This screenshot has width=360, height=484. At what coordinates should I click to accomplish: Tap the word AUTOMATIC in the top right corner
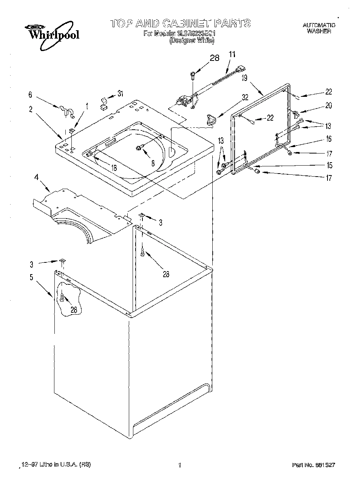pyautogui.click(x=319, y=25)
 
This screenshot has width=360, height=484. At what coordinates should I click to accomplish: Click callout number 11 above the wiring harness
pyautogui.click(x=232, y=54)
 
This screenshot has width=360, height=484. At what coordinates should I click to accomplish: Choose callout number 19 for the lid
pyautogui.click(x=244, y=79)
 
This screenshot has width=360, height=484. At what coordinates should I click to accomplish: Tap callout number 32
pyautogui.click(x=245, y=97)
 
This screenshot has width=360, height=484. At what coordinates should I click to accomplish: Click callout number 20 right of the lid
pyautogui.click(x=328, y=106)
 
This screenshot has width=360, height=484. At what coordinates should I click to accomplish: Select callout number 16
pyautogui.click(x=328, y=139)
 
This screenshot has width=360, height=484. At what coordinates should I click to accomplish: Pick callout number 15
pyautogui.click(x=329, y=165)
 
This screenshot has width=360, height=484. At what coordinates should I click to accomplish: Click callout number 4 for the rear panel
pyautogui.click(x=36, y=177)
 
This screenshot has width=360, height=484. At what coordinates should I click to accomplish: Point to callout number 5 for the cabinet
pyautogui.click(x=31, y=277)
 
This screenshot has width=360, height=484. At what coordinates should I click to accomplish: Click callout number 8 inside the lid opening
pyautogui.click(x=153, y=163)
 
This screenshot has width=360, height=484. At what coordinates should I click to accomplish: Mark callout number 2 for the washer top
pyautogui.click(x=31, y=110)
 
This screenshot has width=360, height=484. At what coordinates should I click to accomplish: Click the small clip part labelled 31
pyautogui.click(x=103, y=103)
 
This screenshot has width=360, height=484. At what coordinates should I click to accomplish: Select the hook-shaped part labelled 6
pyautogui.click(x=66, y=110)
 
